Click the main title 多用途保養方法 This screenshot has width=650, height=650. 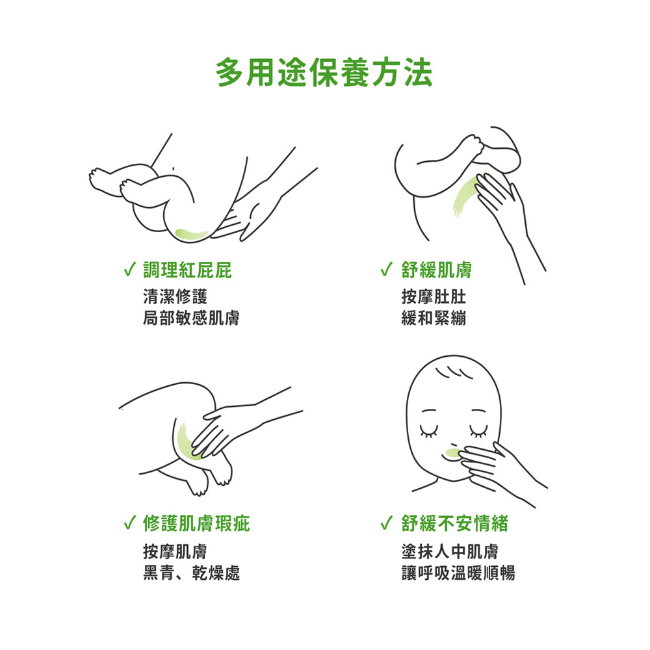pos(324,73)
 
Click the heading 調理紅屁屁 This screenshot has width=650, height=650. pos(187,270)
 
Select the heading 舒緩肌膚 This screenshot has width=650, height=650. pos(437,270)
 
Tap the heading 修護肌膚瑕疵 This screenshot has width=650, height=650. pos(196,523)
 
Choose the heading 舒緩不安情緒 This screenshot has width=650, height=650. pos(455,523)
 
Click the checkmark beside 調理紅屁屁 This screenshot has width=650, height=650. pos(130,270)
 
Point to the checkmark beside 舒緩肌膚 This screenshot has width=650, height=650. pos(386,270)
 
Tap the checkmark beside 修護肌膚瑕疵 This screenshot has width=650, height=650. pos(130,523)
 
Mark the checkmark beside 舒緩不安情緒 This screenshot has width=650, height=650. pos(386,523)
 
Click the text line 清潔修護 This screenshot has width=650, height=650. pos(175,297)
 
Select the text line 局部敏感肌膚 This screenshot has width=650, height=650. pos(191,318)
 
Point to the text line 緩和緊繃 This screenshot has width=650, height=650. pos(434,318)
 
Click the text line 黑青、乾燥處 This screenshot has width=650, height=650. pos(192,573)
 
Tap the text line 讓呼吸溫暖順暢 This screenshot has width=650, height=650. pos(458,573)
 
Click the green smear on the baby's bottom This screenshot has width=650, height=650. pos(190,235)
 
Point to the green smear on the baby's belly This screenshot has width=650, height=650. pos(465,196)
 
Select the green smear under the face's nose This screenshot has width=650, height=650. pos(452,452)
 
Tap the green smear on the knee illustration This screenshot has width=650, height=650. pos(187,443)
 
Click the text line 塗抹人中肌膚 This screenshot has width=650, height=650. pos(450,551)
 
